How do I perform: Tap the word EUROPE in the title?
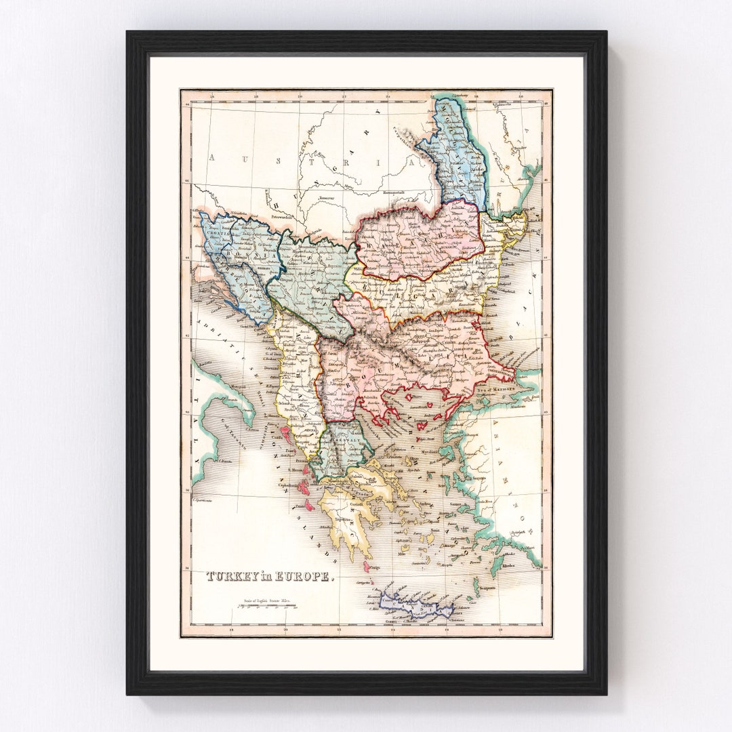[308, 577]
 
